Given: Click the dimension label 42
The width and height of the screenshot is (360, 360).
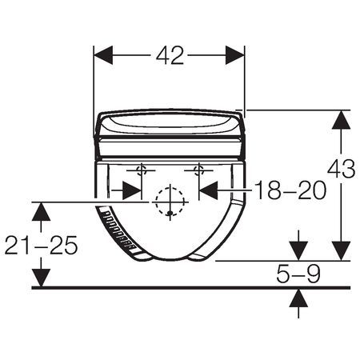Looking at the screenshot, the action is pyautogui.click(x=170, y=55).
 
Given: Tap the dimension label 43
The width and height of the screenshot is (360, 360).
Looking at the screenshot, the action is pyautogui.click(x=341, y=169).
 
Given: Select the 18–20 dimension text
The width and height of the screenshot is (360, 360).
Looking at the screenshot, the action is pyautogui.click(x=290, y=190).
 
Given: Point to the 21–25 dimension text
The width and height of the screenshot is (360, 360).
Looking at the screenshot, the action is pyautogui.click(x=41, y=245).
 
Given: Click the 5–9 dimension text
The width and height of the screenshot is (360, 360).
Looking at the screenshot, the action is pyautogui.click(x=298, y=274).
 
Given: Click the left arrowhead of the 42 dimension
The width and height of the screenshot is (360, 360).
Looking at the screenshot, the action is pyautogui.click(x=103, y=55).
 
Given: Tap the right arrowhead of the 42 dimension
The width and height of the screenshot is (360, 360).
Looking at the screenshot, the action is pyautogui.click(x=234, y=55).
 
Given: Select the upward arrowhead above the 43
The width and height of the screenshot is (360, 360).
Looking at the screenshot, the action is pyautogui.click(x=341, y=120).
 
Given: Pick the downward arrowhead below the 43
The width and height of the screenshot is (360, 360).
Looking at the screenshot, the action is pyautogui.click(x=341, y=251).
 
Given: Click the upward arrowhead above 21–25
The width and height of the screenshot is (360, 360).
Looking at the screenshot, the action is pyautogui.click(x=41, y=212).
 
